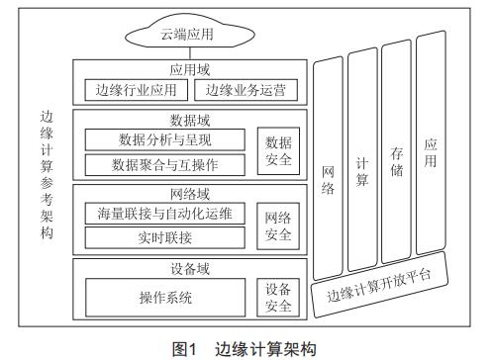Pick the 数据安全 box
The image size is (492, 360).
[x=278, y=150]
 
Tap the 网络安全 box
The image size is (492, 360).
[x=278, y=226]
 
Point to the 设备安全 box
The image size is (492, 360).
[x=278, y=297]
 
